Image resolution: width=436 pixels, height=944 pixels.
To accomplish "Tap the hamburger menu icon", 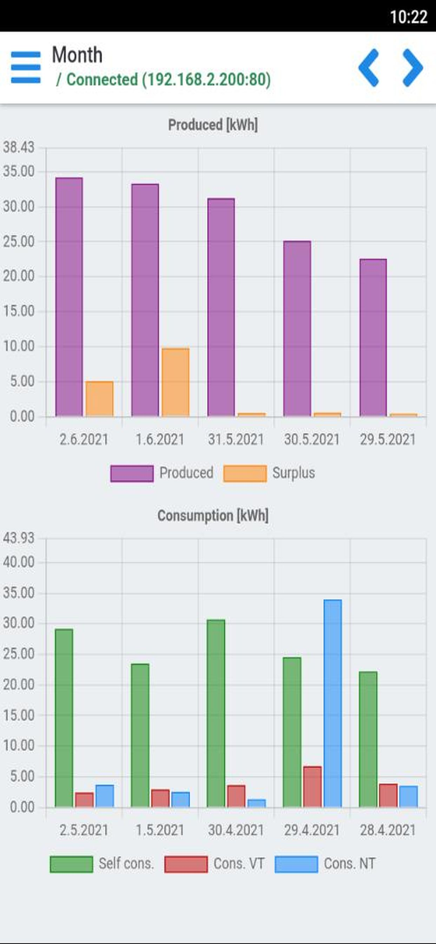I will coord(26,67).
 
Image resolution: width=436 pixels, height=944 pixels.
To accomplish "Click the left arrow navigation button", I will coord(369,68).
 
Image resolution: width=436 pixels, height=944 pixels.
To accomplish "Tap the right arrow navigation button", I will coord(413,68).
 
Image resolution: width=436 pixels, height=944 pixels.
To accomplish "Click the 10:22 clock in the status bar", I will coord(408,17).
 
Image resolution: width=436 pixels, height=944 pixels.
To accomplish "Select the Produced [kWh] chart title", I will coord(213,125).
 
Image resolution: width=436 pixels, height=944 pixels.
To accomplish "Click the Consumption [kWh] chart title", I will coord(213,515).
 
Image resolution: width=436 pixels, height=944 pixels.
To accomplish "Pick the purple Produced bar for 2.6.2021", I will coord(69,297).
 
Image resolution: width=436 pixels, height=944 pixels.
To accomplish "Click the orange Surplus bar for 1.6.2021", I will coord(176,382).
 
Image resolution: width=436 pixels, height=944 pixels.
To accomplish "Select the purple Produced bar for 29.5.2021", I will coord(373,337).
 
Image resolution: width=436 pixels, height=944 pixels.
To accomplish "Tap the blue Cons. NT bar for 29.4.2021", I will coord(333,703).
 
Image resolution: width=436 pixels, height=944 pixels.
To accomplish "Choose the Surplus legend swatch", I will coord(245,473).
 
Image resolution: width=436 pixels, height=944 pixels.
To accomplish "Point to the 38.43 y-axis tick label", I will coord(18,147).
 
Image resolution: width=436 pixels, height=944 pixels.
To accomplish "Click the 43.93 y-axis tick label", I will coord(18,538).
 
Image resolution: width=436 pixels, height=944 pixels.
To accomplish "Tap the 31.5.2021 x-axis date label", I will coord(236,439).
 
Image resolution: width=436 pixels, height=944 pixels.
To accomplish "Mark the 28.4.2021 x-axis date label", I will coord(388,830).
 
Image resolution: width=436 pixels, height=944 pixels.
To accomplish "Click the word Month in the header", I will coord(77,55).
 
